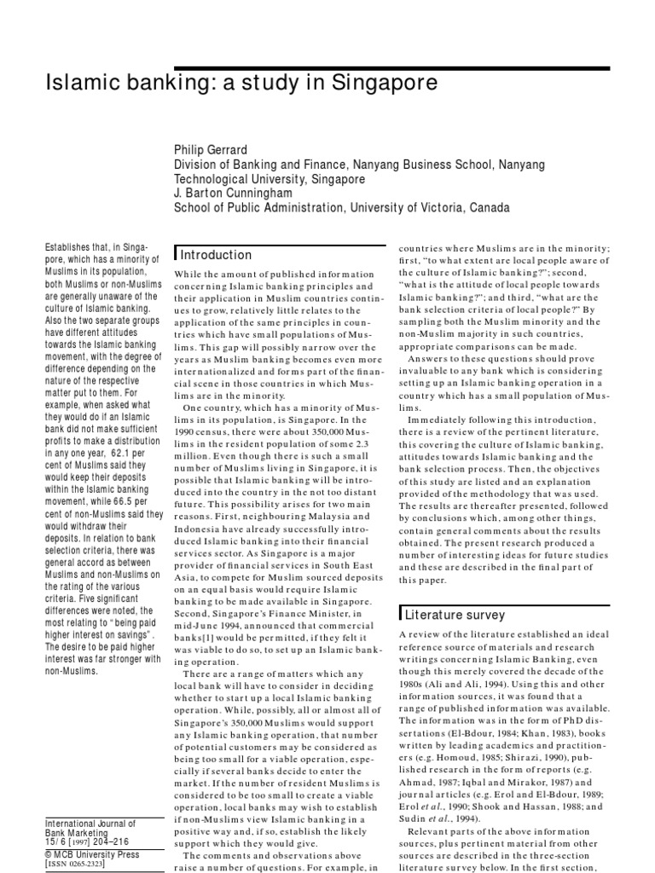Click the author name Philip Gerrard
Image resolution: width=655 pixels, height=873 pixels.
click(211, 150)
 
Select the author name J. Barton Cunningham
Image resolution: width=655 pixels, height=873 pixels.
click(233, 194)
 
